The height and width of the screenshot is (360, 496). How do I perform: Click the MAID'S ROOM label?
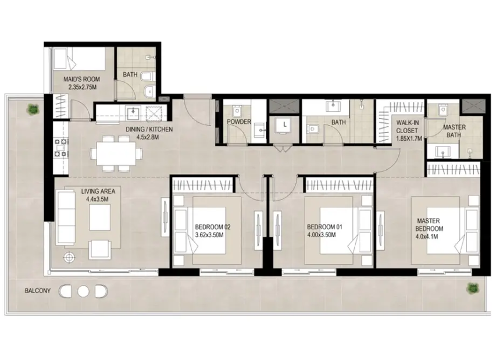pyautogui.click(x=81, y=80)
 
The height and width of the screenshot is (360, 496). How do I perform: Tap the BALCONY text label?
pyautogui.click(x=38, y=291)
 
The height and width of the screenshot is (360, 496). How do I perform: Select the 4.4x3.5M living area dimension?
pyautogui.click(x=97, y=199)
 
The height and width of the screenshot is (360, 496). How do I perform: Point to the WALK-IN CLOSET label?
pyautogui.click(x=407, y=127)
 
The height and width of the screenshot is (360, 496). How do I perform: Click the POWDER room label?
pyautogui.click(x=239, y=122)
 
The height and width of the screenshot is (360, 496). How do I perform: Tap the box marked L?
pyautogui.click(x=285, y=125)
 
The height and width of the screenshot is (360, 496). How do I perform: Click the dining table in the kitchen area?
pyautogui.click(x=116, y=154)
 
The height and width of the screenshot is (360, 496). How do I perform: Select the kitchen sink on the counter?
pyautogui.click(x=133, y=113)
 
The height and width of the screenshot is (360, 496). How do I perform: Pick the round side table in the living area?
pyautogui.click(x=70, y=258)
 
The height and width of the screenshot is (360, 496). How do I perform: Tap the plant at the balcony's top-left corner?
pyautogui.click(x=33, y=109)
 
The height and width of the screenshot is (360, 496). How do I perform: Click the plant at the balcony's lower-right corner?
pyautogui.click(x=472, y=288)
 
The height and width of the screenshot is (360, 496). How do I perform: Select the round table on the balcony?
pyautogui.click(x=83, y=291)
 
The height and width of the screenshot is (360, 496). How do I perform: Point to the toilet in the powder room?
pyautogui.click(x=237, y=111)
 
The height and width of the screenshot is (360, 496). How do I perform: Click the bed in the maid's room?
pyautogui.click(x=79, y=59)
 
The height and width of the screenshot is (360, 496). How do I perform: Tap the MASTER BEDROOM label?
pyautogui.click(x=429, y=225)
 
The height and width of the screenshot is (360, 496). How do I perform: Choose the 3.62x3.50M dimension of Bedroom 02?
pyautogui.click(x=209, y=235)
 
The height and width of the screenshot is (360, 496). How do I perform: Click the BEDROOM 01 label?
pyautogui.click(x=324, y=227)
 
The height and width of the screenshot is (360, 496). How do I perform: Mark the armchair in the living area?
pyautogui.click(x=100, y=249)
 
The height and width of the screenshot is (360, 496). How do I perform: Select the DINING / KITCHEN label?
pyautogui.click(x=149, y=129)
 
